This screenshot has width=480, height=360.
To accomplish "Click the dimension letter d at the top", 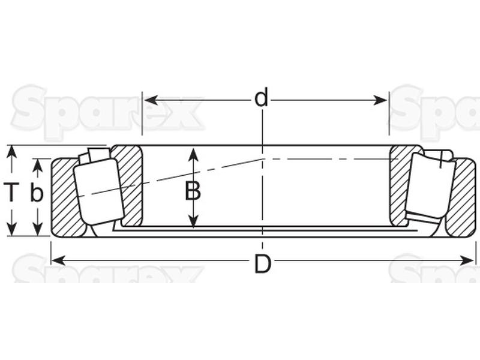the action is (262, 97).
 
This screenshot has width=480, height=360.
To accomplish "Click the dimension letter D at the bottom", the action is (263, 264).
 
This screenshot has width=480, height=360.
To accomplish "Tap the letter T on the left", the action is (11, 192).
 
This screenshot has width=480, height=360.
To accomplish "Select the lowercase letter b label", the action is (37, 192).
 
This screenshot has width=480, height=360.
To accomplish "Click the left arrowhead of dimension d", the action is (151, 100).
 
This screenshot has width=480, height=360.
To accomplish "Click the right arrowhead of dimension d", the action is (380, 100).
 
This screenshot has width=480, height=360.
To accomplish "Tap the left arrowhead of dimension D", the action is (58, 260).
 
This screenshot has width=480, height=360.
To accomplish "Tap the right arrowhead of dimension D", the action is (467, 260).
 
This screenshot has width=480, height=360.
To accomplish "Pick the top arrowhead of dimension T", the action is (11, 152).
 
